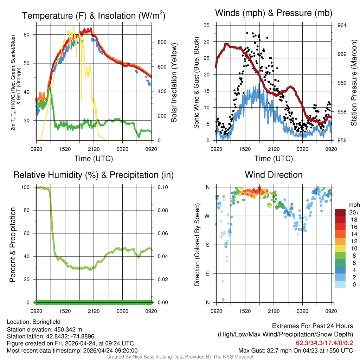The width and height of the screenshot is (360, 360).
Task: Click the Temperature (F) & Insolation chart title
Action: tap(94, 15)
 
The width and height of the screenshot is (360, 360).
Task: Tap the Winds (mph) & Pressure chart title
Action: tap(274, 13)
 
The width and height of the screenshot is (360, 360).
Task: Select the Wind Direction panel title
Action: tap(274, 175)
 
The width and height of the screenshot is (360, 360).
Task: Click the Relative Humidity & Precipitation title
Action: tap(94, 175)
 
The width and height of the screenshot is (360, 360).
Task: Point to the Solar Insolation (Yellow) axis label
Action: tap(174, 83)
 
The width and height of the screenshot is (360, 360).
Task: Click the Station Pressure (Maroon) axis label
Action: tap(354, 83)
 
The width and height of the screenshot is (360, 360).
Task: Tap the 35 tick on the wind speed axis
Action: tap(207, 25)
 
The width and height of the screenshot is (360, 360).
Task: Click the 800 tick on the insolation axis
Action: tap(162, 42)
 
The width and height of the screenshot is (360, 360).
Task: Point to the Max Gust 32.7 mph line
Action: tap(296, 351)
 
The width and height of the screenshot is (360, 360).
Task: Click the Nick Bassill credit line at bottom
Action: tap(180, 357)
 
